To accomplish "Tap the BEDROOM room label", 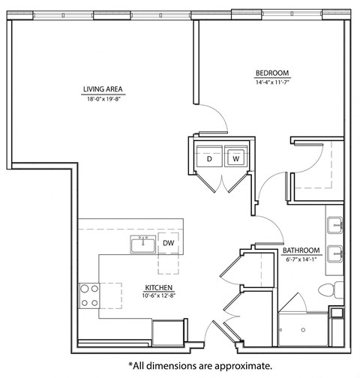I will click(x=271, y=71).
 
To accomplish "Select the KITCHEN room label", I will click(x=160, y=287).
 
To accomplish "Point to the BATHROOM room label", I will click(x=301, y=250).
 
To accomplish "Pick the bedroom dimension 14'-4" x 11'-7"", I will click(x=271, y=80).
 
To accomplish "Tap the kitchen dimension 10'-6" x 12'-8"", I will click(x=160, y=296).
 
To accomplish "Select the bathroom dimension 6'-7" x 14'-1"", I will click(x=301, y=259).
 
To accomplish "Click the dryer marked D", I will click(x=209, y=158).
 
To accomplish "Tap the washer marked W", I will click(x=235, y=158).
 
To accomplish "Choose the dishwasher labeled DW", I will click(x=169, y=243).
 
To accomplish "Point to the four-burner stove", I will click(x=90, y=294).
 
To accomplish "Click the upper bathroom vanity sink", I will click(x=336, y=224).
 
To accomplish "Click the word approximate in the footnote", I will click(x=238, y=366).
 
